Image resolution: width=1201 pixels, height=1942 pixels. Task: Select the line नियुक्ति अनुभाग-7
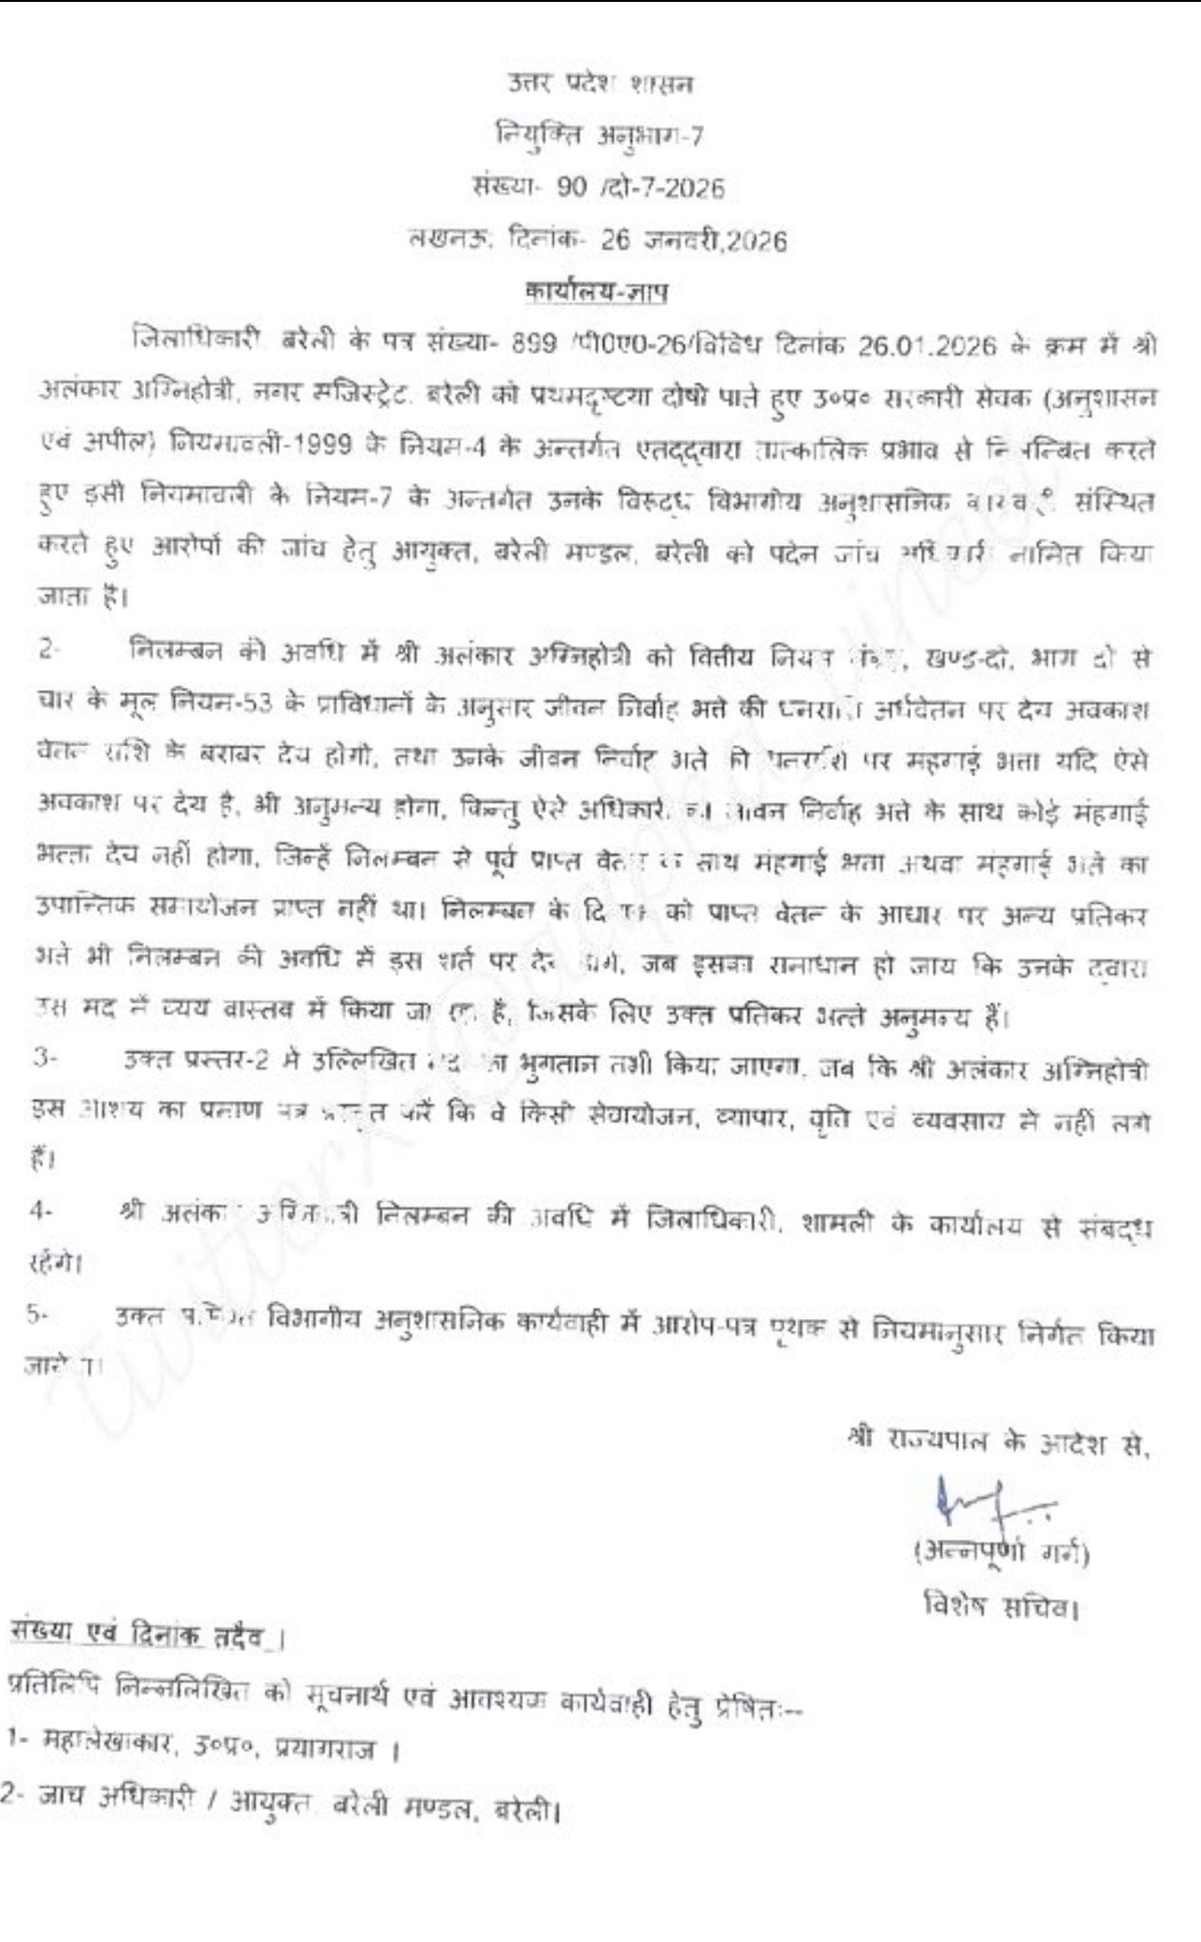coord(600,136)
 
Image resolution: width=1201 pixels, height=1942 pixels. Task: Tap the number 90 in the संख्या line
coord(572,188)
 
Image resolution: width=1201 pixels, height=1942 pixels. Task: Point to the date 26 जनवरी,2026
coord(693,240)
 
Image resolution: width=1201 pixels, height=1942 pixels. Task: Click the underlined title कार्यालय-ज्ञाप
coord(597,291)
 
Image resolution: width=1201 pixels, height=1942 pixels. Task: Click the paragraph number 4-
coord(41,1210)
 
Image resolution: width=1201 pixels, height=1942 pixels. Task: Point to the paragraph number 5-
coord(39,1314)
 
